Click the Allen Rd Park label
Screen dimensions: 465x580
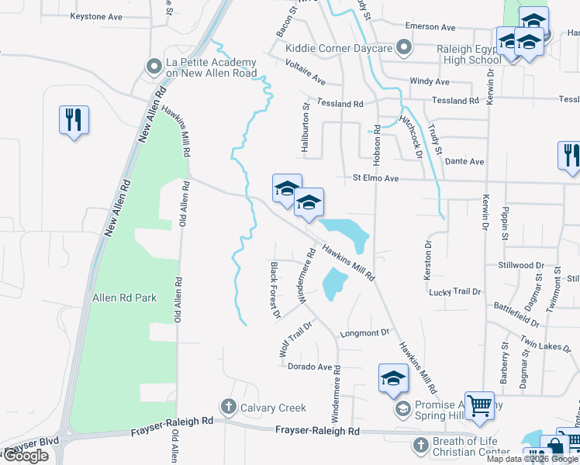124,298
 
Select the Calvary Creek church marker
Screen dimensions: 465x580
228,405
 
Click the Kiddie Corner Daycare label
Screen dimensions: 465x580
339,48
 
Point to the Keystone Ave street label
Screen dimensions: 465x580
96,15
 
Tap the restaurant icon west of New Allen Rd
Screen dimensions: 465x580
74,120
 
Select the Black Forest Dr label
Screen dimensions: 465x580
274,290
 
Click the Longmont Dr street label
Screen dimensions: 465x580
364,332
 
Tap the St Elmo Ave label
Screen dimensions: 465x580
375,178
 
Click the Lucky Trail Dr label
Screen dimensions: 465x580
456,291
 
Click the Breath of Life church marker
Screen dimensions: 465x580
419,445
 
